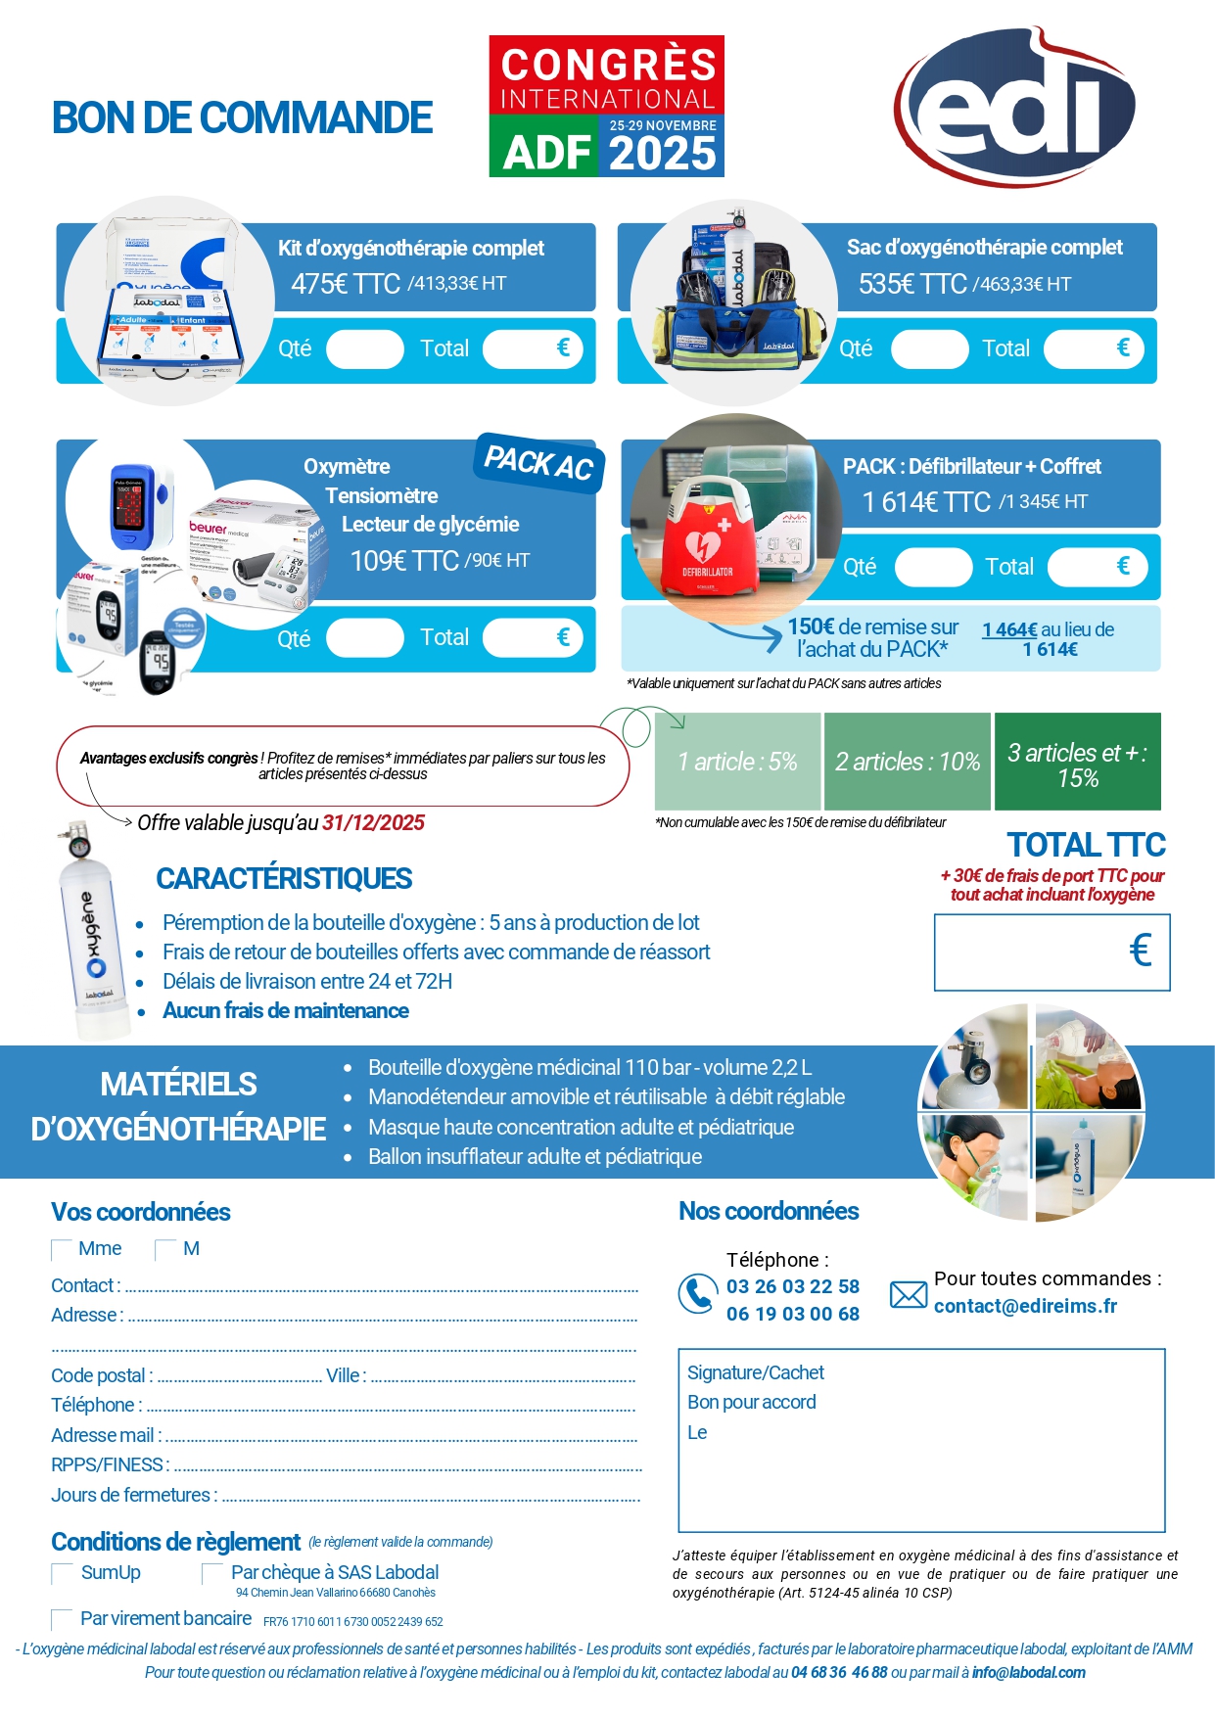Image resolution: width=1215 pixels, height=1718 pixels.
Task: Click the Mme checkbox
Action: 62,1250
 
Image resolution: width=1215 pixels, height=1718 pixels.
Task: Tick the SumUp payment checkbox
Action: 62,1573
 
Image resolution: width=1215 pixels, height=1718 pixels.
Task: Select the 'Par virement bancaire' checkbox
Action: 62,1619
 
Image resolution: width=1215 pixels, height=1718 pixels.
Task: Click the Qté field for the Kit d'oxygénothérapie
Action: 364,349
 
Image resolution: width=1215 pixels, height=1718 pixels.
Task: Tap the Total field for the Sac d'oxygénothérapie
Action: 1093,349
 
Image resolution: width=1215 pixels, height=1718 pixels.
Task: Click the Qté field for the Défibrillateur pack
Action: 933,568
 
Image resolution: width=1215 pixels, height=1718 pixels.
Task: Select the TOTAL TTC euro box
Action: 1051,952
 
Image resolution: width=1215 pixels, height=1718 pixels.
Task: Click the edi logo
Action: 1014,107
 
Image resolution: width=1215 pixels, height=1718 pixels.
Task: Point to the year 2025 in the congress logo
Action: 663,155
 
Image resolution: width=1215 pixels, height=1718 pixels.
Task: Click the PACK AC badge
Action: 538,462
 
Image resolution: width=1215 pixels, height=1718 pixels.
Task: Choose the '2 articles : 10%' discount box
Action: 907,762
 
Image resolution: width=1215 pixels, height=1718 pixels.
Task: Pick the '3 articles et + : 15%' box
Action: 1077,765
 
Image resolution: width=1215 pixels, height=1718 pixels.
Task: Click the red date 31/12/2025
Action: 373,823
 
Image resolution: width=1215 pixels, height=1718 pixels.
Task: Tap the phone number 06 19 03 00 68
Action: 792,1314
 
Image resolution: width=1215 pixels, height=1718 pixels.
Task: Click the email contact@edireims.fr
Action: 1025,1306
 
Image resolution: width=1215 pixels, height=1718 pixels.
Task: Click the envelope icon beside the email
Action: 908,1295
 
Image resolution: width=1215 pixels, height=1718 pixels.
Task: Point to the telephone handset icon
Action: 696,1294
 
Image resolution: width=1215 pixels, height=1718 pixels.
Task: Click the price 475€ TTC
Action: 345,284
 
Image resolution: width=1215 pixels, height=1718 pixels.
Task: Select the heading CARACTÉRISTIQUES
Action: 284,879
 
